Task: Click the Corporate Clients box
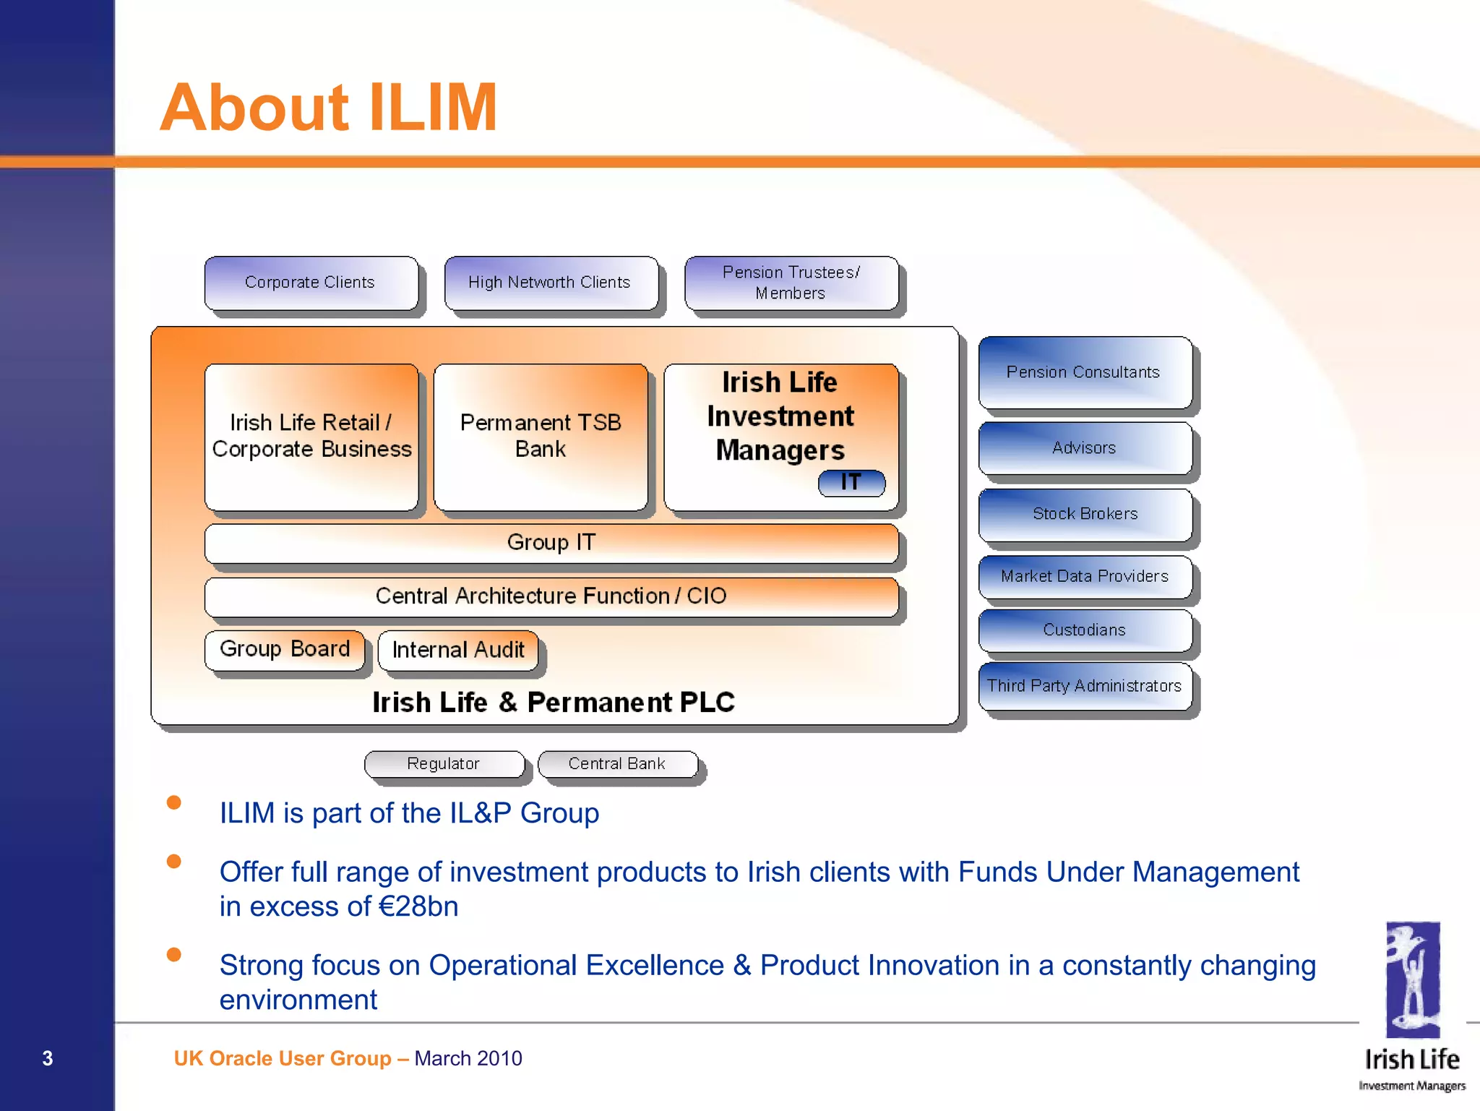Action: [x=311, y=283]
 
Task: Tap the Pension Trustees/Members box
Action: [x=791, y=283]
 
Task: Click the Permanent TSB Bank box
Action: [x=541, y=436]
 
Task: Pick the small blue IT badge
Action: [x=851, y=483]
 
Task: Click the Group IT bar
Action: [x=551, y=543]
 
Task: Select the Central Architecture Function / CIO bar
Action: [x=551, y=596]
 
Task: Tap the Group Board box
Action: [x=285, y=649]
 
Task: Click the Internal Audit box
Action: [x=458, y=651]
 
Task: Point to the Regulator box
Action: [x=444, y=764]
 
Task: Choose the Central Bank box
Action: [x=617, y=764]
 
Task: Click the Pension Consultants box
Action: [x=1083, y=372]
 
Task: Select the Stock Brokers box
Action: [x=1085, y=514]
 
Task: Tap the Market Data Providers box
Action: [x=1085, y=576]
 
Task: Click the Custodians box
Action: [x=1085, y=630]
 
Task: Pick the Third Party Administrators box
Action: [x=1085, y=686]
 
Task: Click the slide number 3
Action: [x=48, y=1058]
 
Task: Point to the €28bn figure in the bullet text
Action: [x=418, y=907]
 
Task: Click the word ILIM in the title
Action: [x=433, y=108]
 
